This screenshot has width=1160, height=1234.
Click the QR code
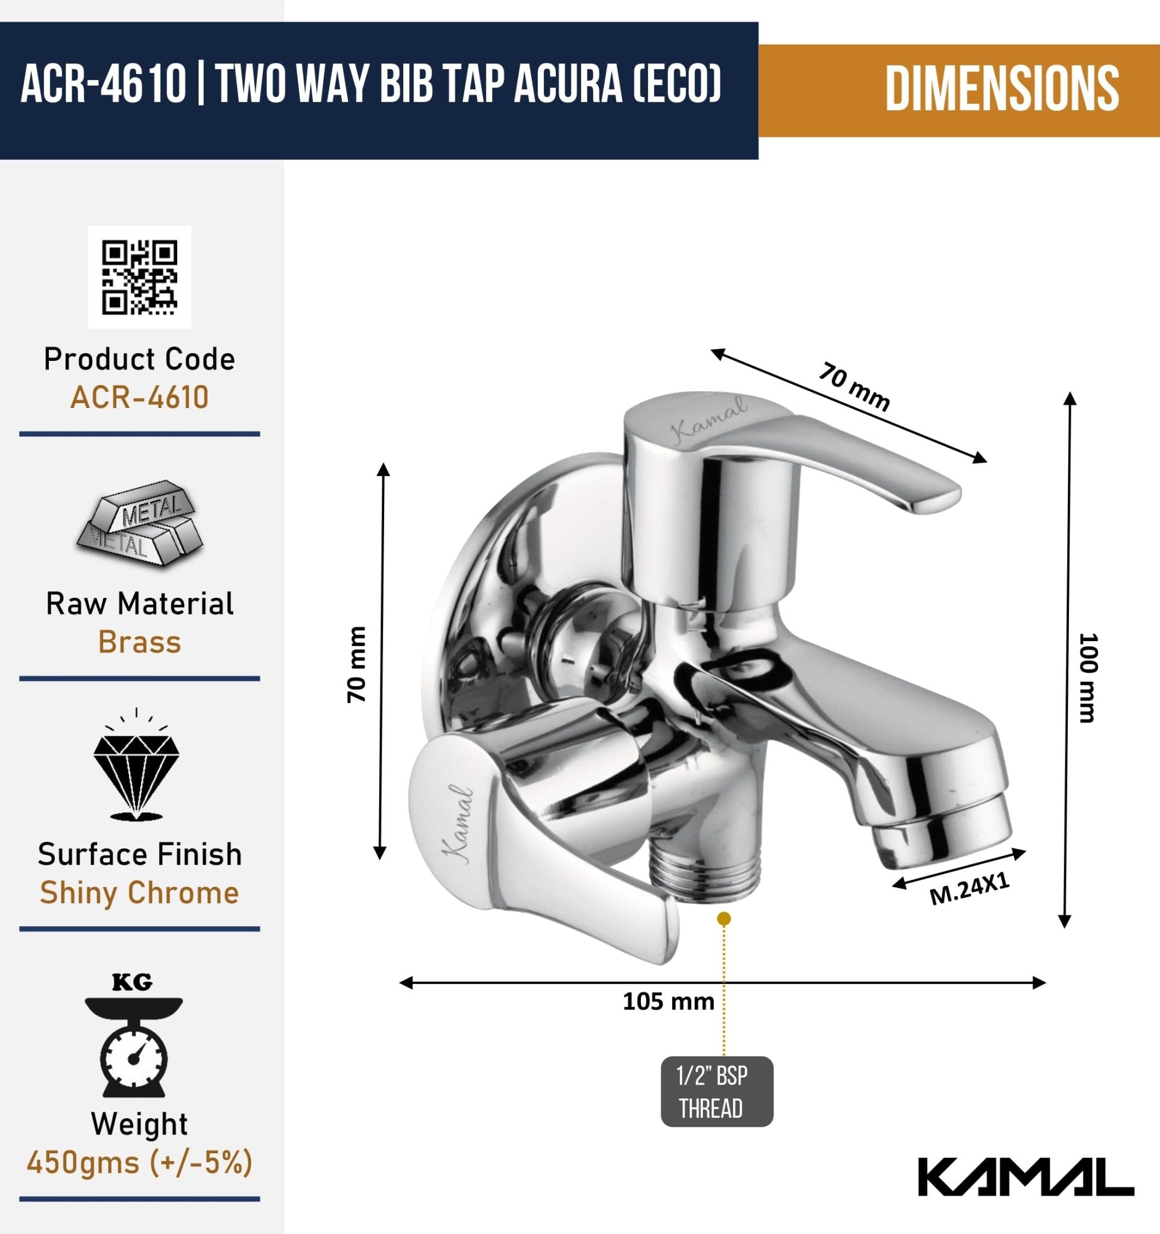140,277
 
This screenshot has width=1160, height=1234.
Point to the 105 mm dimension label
668,1001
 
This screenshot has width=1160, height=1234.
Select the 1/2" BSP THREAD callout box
717,1091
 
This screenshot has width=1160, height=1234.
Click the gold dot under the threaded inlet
723,919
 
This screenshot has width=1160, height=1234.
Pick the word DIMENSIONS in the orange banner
1001,90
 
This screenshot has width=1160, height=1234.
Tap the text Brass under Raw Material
140,642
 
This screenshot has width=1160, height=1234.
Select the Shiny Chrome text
140,892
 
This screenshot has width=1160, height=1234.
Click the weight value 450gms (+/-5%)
140,1162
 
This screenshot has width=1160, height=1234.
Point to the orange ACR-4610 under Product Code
140,397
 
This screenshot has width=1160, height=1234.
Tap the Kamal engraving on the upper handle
710,420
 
